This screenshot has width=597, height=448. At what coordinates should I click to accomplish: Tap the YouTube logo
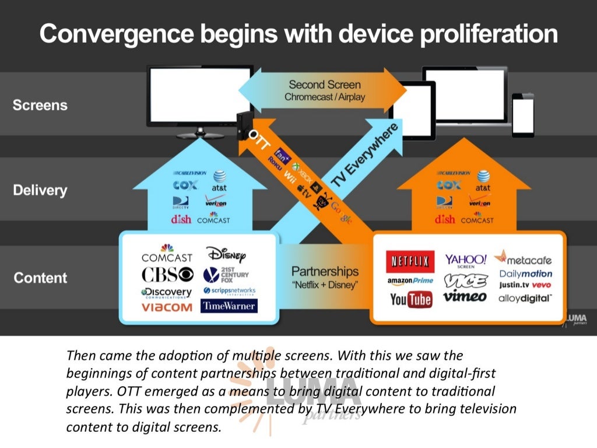(x=411, y=299)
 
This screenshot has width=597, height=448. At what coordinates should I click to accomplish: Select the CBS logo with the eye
(x=167, y=275)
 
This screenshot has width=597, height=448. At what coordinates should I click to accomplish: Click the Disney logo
(x=226, y=255)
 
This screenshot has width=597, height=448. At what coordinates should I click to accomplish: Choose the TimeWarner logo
(x=229, y=306)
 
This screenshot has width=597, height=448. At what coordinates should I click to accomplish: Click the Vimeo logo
(x=465, y=297)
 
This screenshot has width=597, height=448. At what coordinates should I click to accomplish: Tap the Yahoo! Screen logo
(x=465, y=261)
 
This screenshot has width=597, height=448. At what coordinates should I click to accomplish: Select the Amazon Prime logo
(x=410, y=281)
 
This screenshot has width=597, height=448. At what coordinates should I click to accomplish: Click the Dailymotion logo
(x=525, y=274)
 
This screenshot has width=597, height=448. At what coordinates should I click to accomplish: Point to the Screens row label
(x=40, y=106)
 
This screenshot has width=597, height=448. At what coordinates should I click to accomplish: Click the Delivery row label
(x=40, y=191)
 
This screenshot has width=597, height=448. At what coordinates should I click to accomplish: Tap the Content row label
(x=40, y=278)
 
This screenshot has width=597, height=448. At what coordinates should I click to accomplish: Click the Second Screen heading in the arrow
(x=324, y=85)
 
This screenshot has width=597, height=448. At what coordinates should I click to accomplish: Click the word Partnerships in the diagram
(x=325, y=272)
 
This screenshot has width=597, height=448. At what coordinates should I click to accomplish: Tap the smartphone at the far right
(x=523, y=115)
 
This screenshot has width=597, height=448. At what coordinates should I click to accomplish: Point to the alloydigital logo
(x=525, y=298)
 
